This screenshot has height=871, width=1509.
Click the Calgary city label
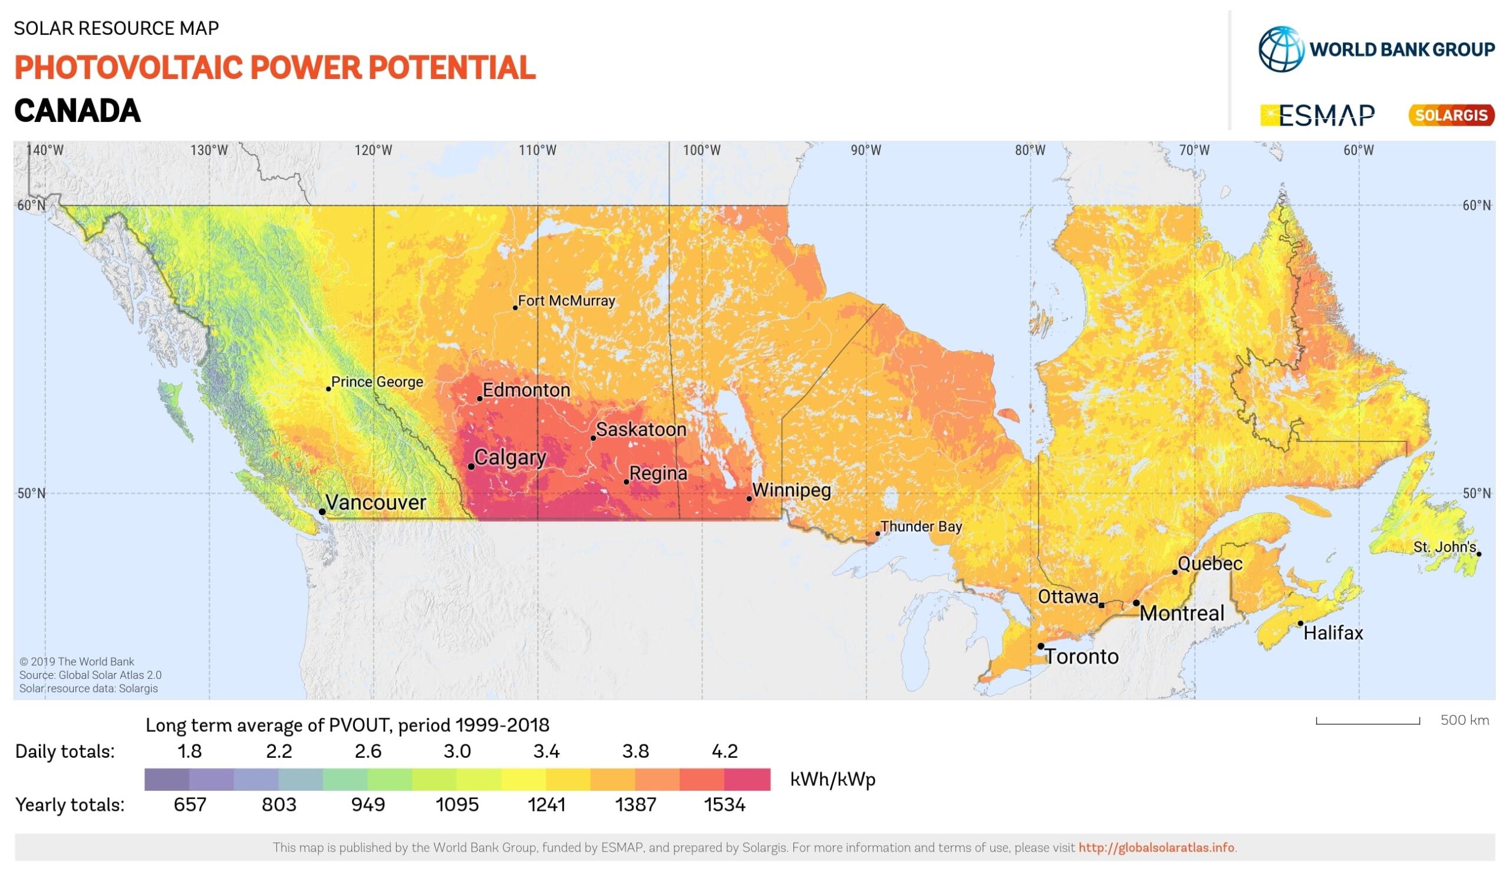[510, 458]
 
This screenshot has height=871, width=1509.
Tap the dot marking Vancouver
[322, 512]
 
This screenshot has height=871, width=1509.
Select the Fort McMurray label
[566, 301]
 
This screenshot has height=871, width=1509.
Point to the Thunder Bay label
[921, 526]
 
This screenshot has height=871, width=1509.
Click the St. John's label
[1444, 547]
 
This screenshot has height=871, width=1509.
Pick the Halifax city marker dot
[1300, 623]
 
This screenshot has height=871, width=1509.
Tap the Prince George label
[377, 382]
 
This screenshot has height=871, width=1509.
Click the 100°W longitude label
[701, 150]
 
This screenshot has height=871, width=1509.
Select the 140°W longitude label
[45, 150]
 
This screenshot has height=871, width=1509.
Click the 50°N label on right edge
[1476, 493]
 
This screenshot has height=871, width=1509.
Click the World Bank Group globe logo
[1280, 49]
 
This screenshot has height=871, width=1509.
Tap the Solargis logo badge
[1451, 115]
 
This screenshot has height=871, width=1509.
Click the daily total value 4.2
[724, 751]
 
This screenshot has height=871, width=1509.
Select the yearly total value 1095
[457, 804]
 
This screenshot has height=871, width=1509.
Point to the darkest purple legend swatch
[167, 780]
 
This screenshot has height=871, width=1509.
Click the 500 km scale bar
[1367, 721]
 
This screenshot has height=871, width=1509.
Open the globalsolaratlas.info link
[1156, 847]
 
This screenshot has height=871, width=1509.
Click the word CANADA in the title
[77, 111]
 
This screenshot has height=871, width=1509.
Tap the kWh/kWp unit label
[832, 780]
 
